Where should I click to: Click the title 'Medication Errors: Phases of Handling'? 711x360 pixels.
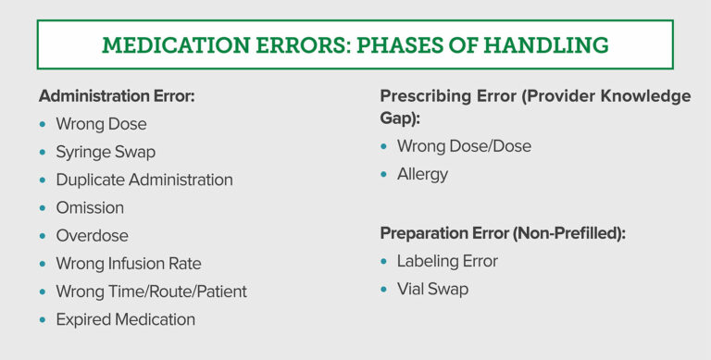[355, 44]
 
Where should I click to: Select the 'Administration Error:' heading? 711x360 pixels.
[117, 96]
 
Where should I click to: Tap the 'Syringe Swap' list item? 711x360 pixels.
[106, 152]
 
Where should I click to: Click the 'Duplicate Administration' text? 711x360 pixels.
[143, 180]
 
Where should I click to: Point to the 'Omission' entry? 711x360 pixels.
[90, 207]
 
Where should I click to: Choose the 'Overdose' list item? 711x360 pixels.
[92, 235]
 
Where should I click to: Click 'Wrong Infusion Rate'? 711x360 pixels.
[129, 264]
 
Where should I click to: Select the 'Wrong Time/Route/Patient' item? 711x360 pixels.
[151, 292]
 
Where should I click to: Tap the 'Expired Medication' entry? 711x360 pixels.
[125, 319]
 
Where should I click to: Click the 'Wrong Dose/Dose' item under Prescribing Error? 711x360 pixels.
[464, 146]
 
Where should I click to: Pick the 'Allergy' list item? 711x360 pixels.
[422, 174]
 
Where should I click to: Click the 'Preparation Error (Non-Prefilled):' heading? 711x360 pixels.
[503, 233]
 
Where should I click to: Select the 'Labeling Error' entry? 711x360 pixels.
[447, 261]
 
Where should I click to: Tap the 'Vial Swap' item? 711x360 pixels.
[432, 289]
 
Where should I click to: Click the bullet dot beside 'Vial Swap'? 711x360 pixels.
[384, 290]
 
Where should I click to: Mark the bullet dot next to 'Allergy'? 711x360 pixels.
[384, 175]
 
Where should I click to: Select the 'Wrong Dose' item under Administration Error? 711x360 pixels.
[101, 124]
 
